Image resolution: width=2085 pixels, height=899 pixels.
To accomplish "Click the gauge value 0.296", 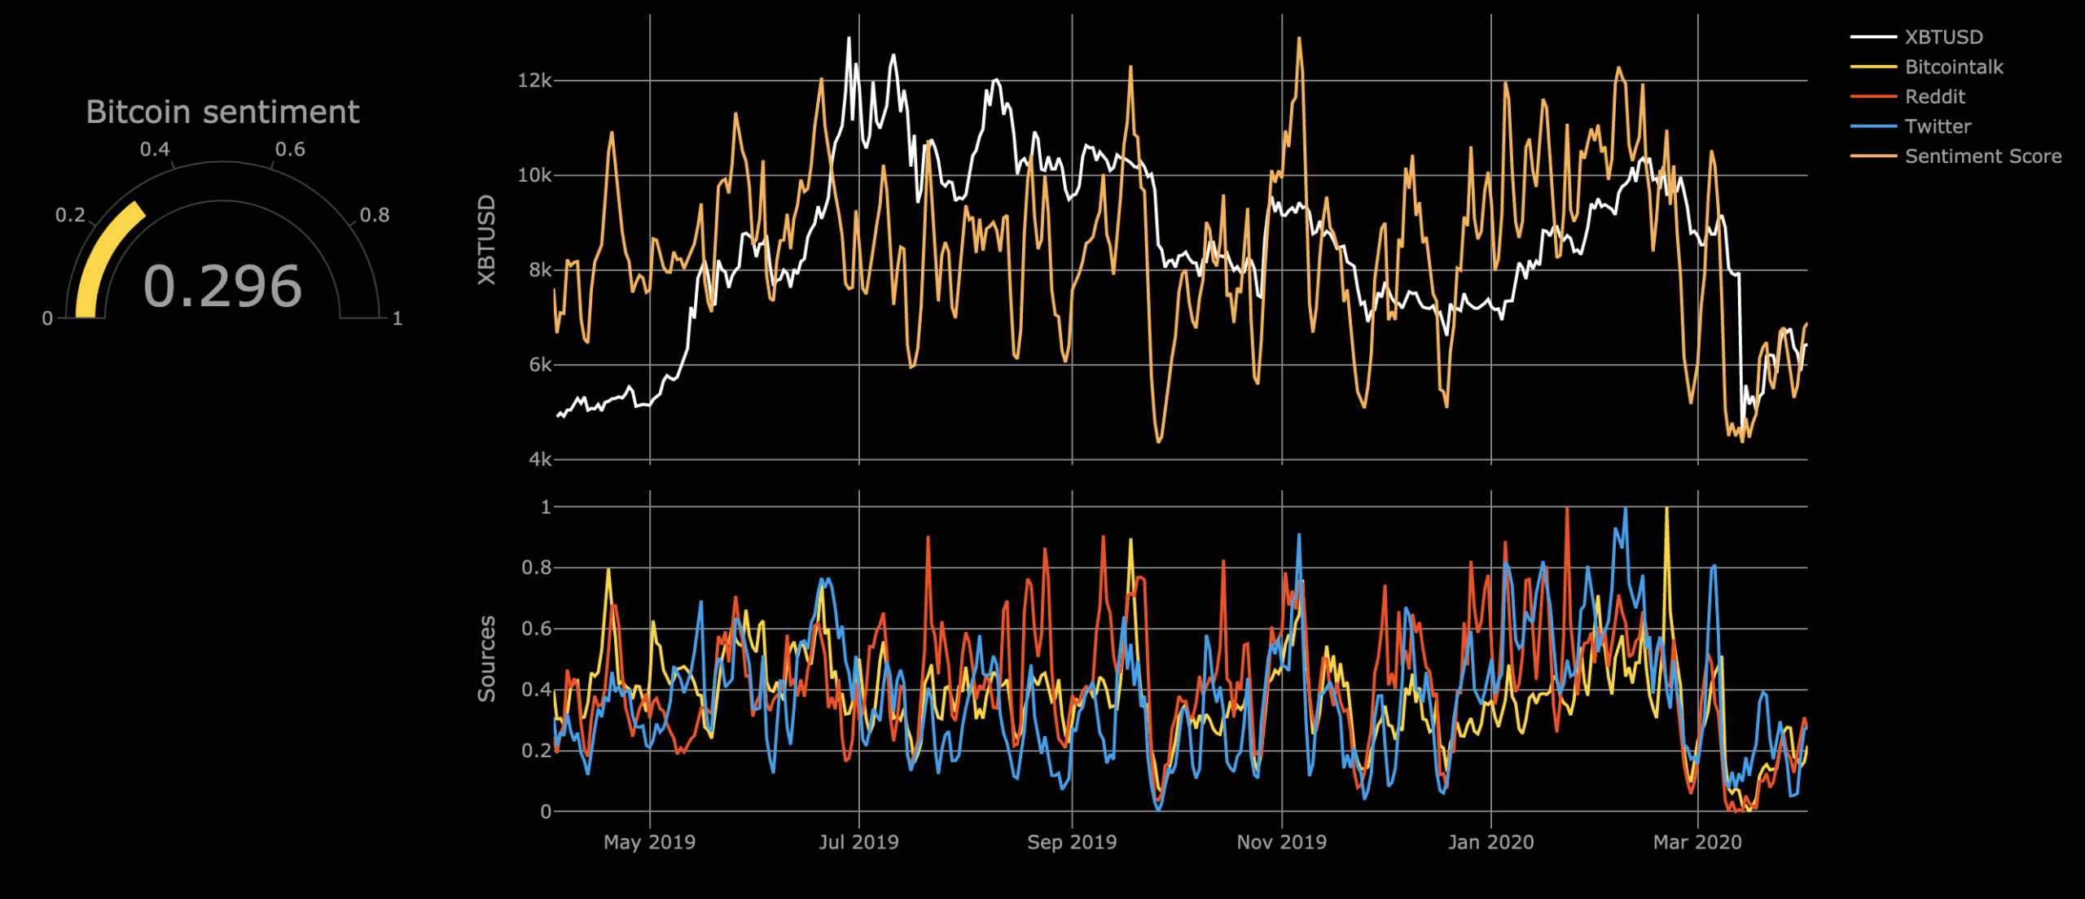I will pyautogui.click(x=222, y=287).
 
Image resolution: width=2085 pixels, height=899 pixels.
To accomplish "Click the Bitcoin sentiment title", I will pyautogui.click(x=222, y=112).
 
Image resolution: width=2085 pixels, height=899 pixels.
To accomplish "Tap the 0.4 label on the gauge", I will pyautogui.click(x=155, y=150).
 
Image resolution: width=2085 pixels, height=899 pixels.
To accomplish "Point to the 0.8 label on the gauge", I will pyautogui.click(x=375, y=215).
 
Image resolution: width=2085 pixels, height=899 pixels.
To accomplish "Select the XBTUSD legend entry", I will pyautogui.click(x=1943, y=37).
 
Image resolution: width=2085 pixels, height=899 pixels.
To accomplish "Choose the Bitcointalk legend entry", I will pyautogui.click(x=1953, y=67).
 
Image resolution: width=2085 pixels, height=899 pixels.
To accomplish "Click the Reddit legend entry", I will pyautogui.click(x=1934, y=97).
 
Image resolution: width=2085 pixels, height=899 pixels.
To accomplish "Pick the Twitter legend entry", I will pyautogui.click(x=1938, y=126).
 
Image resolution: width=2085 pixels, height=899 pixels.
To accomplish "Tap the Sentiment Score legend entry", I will pyautogui.click(x=1982, y=156).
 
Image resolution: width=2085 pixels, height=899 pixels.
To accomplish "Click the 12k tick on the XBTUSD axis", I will pyautogui.click(x=534, y=81).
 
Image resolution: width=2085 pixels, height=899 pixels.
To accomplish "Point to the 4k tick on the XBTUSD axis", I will pyautogui.click(x=539, y=459).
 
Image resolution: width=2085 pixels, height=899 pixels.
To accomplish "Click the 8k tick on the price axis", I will pyautogui.click(x=539, y=270).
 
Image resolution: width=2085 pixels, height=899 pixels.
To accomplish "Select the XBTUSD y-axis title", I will pyautogui.click(x=486, y=240).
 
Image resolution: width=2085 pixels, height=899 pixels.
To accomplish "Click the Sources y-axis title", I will pyautogui.click(x=486, y=659).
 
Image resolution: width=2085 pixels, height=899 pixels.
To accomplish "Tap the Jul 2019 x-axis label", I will pyautogui.click(x=858, y=842).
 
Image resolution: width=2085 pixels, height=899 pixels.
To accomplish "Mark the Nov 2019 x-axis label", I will pyautogui.click(x=1281, y=842).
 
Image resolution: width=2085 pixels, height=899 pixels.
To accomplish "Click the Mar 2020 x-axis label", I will pyautogui.click(x=1697, y=842).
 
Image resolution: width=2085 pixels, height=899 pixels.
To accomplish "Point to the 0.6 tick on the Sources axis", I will pyautogui.click(x=535, y=629).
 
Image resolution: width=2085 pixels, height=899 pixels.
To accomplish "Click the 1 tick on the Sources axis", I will pyautogui.click(x=546, y=507).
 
